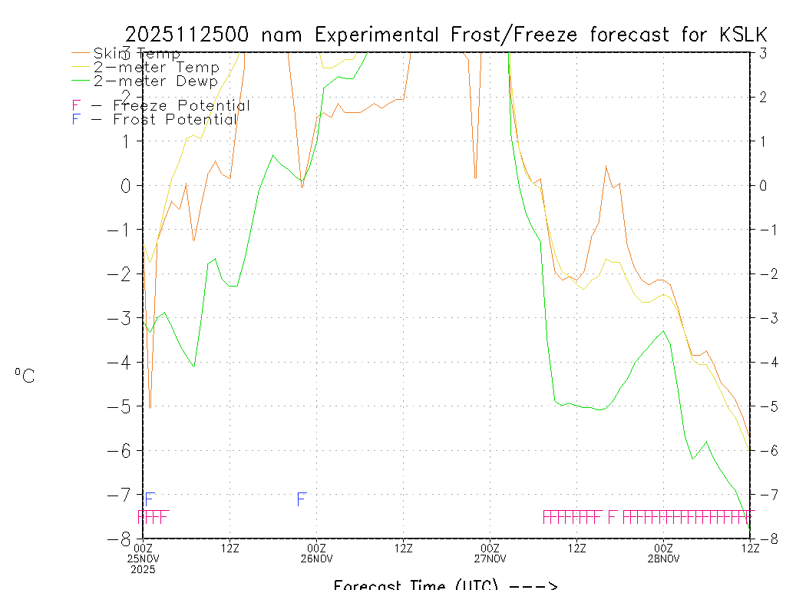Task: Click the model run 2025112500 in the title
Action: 189,35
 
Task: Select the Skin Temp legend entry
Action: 137,54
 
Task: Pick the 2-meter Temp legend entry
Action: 156,68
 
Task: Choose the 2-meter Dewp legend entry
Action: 156,81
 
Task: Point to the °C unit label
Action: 25,376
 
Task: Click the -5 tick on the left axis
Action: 126,406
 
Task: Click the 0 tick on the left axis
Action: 129,185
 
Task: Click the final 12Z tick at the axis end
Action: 750,548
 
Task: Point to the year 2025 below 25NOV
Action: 143,569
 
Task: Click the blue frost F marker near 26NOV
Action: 302,499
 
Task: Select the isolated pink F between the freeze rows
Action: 613,517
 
